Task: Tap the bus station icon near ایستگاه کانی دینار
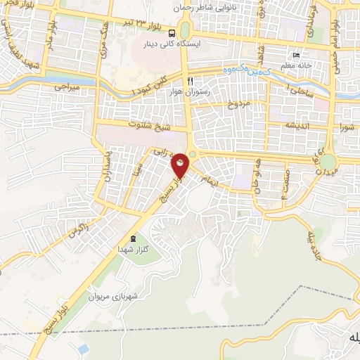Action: click(x=173, y=33)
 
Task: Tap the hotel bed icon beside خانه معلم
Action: click(x=296, y=56)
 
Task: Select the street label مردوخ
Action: click(x=238, y=103)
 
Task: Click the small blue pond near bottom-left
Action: click(x=84, y=349)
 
